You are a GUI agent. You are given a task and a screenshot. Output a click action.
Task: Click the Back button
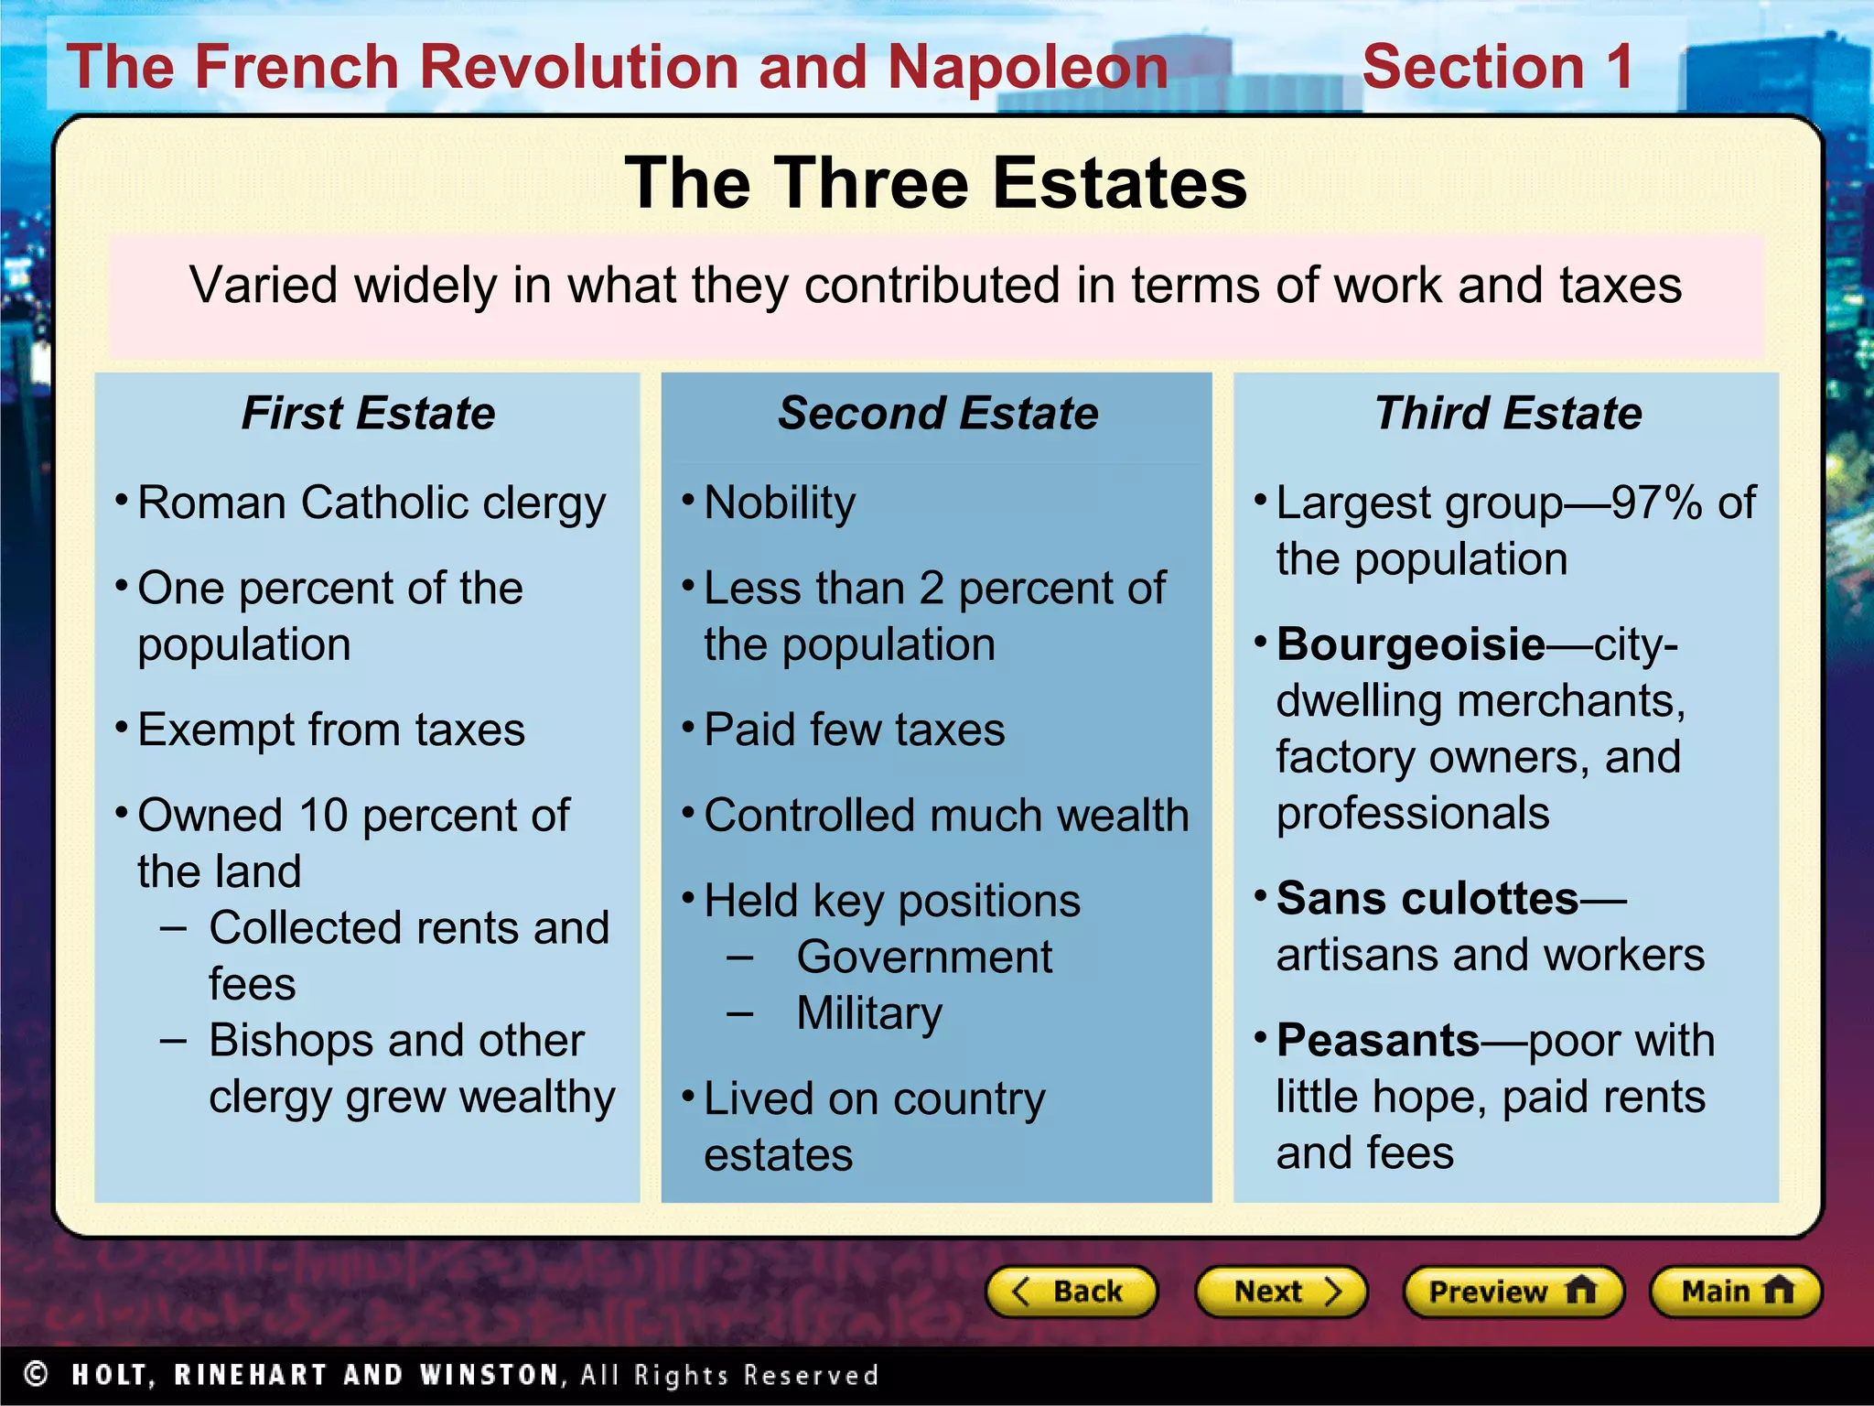1071,1292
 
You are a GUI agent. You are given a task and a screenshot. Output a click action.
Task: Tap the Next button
1280,1292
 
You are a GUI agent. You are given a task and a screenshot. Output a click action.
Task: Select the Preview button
1513,1292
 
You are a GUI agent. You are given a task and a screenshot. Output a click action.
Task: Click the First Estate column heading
368,413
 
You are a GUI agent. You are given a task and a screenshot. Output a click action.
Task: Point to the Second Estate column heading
938,413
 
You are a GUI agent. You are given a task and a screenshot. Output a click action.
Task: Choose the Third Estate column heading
1508,413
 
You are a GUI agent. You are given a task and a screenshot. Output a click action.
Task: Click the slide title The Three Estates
936,183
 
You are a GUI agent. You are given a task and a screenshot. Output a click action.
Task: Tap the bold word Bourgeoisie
1410,644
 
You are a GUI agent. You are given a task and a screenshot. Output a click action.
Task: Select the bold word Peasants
1377,1041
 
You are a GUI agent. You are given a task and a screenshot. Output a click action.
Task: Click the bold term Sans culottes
1427,899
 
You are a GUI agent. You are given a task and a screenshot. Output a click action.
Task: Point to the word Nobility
780,503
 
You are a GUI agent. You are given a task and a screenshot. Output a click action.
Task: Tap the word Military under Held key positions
868,1013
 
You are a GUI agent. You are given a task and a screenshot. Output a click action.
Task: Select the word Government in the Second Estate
924,957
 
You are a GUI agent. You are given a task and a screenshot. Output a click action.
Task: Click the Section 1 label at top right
1497,68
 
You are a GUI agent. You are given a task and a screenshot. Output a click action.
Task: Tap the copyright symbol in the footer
36,1374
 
